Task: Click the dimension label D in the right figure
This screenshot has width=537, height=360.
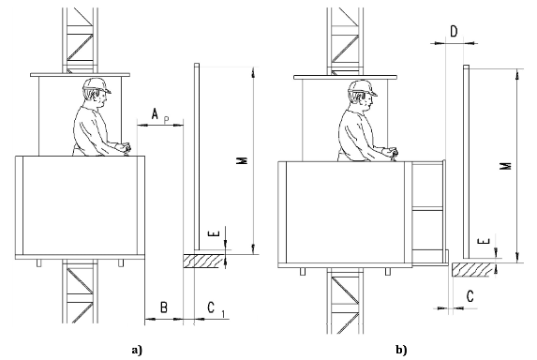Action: pyautogui.click(x=454, y=31)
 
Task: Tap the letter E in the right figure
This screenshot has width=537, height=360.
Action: pyautogui.click(x=482, y=242)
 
